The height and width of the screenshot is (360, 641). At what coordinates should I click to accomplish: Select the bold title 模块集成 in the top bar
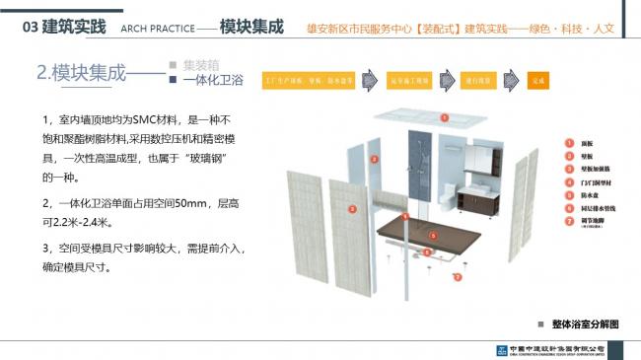click(247, 26)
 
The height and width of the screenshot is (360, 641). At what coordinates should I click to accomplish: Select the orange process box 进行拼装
click(481, 80)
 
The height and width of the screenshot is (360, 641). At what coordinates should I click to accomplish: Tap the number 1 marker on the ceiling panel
click(444, 117)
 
